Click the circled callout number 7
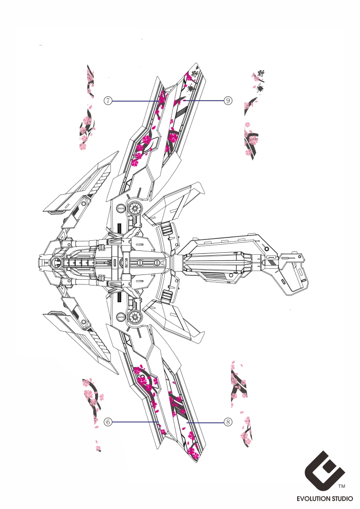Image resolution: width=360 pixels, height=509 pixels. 109,101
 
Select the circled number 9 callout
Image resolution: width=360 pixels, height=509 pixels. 228,100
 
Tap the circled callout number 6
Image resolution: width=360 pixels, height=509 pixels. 108,422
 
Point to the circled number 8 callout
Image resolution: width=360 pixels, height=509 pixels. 228,422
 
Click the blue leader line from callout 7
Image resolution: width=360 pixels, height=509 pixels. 137,101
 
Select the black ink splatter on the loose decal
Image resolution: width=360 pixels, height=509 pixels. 260,89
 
